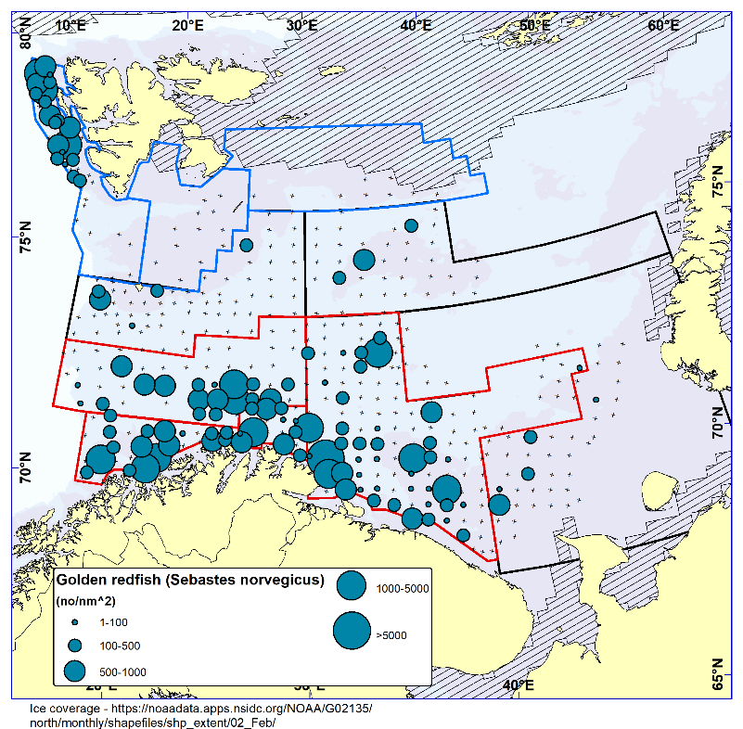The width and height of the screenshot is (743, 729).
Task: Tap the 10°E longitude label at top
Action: (70, 25)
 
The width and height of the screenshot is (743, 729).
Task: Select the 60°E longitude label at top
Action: (662, 25)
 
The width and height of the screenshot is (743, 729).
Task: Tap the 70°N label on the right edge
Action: (718, 423)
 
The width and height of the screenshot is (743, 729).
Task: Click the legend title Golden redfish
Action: (189, 581)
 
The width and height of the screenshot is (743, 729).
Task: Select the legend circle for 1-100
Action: (73, 623)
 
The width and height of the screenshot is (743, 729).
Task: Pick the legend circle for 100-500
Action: (74, 646)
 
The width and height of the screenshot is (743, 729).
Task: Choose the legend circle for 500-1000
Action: (74, 670)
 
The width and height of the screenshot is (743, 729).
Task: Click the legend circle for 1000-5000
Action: (352, 586)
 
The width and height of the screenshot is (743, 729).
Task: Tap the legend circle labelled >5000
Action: (352, 632)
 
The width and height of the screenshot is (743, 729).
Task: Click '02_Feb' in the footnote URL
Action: (255, 723)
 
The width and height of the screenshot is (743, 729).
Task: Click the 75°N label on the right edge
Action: (718, 181)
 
